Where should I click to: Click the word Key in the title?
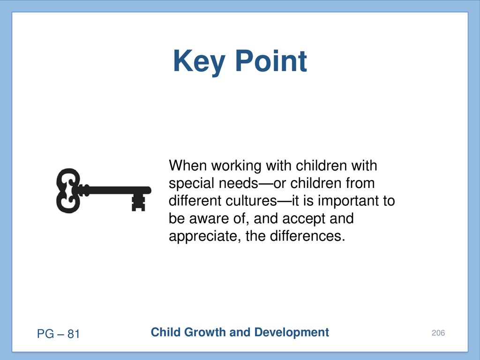pos(199,62)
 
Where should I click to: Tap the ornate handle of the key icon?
pos(68,190)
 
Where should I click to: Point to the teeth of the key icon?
pos(138,202)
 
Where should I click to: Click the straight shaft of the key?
pos(116,190)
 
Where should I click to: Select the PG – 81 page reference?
pos(58,334)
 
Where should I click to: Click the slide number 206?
pos(438,333)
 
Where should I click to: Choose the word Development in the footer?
pos(292,332)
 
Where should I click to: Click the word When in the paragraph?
pos(187,165)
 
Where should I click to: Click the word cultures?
pos(251,201)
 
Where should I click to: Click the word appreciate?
pos(202,237)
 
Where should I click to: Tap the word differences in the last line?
pos(307,236)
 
